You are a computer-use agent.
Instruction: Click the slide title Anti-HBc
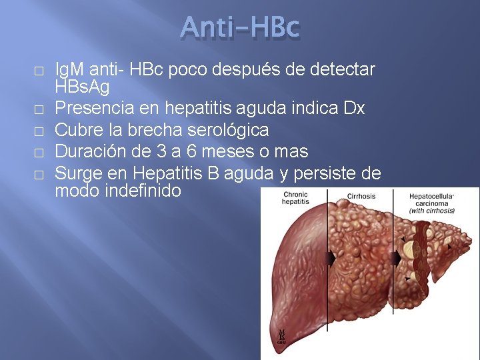click(240, 28)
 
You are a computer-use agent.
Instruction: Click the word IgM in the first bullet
click(68, 69)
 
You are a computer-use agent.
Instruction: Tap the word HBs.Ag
click(82, 87)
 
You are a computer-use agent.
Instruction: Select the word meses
click(240, 151)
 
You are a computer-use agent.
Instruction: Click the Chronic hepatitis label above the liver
click(295, 198)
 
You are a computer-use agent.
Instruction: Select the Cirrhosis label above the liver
click(362, 197)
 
